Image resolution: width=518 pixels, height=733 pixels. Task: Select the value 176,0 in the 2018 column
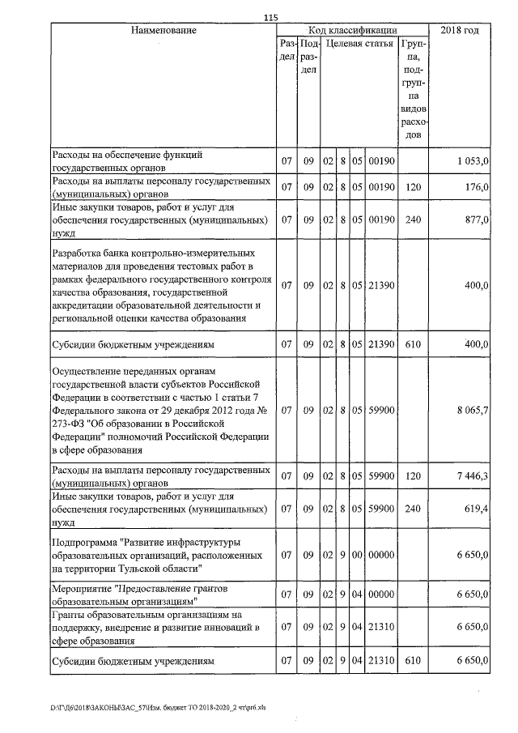pos(476,187)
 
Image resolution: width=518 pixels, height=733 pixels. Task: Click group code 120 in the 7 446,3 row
pos(414,477)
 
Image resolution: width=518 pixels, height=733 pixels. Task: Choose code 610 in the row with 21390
pos(414,345)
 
